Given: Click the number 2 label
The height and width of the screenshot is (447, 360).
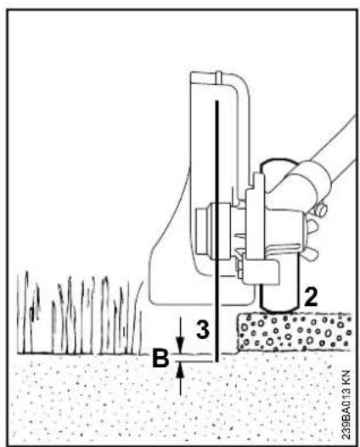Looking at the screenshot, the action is (310, 297).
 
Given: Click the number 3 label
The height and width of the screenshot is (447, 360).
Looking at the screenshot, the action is (203, 329).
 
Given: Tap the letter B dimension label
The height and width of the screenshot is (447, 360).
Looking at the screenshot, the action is (160, 357).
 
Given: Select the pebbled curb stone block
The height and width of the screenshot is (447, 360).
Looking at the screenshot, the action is (295, 331).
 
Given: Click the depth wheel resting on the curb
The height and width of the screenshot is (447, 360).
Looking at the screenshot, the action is (279, 298).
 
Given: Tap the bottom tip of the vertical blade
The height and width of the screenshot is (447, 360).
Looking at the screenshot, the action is (217, 361).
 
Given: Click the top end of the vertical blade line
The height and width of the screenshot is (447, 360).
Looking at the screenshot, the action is (217, 101).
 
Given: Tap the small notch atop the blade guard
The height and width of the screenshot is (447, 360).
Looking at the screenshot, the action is (218, 77).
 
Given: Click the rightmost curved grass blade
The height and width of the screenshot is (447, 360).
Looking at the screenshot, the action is (140, 316).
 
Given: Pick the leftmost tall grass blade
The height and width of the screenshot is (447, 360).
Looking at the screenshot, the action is (26, 312).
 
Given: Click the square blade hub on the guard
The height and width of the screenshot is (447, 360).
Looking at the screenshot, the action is (213, 231).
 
